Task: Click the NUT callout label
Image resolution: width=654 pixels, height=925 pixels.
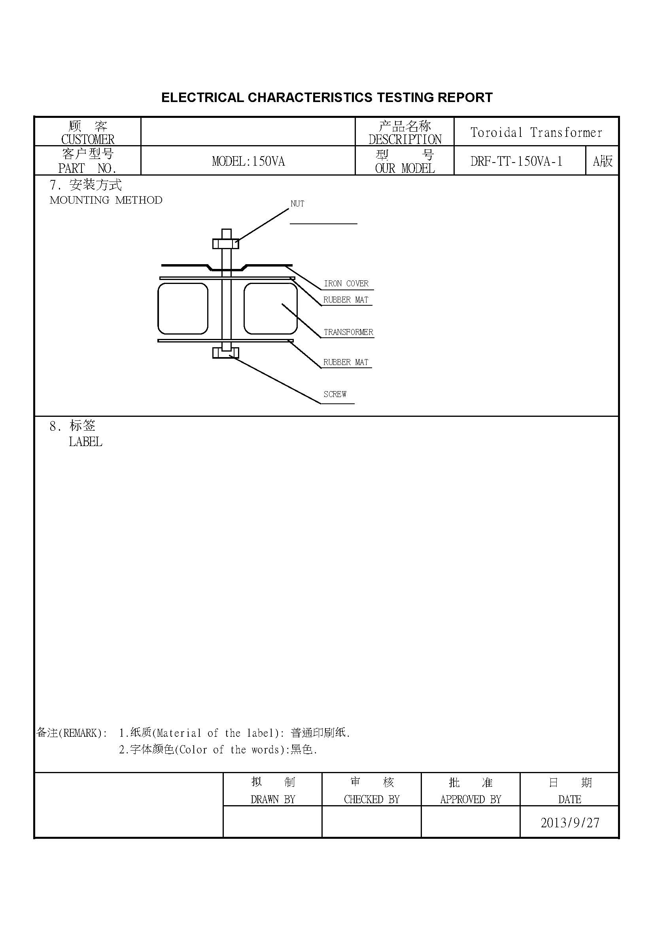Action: pos(297,204)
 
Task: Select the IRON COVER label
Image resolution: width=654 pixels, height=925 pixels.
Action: pos(346,284)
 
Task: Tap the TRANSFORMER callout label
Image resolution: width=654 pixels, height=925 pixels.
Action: pos(348,332)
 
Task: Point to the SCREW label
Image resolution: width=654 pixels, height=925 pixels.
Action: pos(335,394)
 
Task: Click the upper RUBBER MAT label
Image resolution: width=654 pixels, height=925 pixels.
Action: pos(346,300)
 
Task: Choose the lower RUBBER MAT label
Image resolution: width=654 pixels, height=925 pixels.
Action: pos(346,362)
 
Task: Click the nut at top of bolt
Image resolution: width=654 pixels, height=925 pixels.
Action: pos(225,244)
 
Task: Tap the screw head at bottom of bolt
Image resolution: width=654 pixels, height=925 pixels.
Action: pos(225,353)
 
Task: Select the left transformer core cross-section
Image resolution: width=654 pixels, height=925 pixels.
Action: pos(183,308)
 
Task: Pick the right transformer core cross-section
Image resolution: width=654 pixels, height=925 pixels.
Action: pos(270,308)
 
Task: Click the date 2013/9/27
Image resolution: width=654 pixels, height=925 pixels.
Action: pos(570,823)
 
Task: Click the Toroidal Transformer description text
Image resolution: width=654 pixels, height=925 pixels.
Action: pos(536,132)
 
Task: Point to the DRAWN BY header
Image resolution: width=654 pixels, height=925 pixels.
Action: pos(273,799)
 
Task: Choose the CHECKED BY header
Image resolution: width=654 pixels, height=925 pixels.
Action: pos(372,799)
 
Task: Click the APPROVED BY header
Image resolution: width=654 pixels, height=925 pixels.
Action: pos(471,799)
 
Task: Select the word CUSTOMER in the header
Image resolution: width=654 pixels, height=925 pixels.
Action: pos(88,139)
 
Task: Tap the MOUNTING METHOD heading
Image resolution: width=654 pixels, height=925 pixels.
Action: pos(106,200)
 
